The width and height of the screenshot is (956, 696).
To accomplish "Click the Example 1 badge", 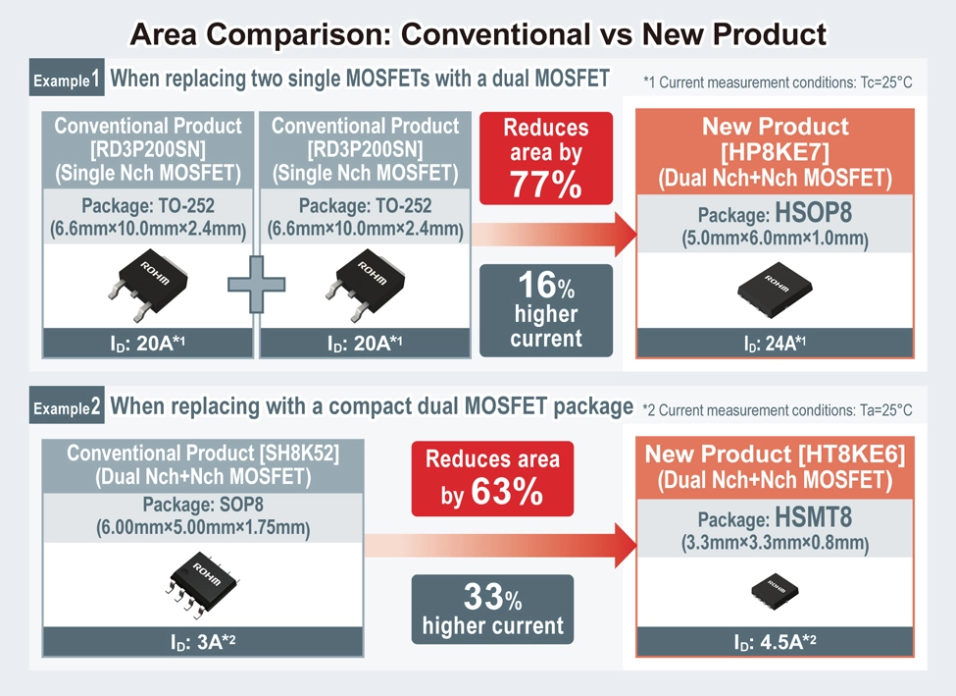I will [67, 80].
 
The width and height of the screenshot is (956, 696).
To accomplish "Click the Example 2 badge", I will [67, 407].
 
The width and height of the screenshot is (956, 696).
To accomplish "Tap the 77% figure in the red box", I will [545, 184].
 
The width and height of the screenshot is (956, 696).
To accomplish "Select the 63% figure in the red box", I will [506, 492].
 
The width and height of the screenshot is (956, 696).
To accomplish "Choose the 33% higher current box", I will [492, 610].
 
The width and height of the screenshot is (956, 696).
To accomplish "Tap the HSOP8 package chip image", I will [775, 286].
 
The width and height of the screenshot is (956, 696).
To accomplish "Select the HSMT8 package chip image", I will [776, 586].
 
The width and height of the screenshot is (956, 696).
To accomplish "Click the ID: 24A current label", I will [775, 344].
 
